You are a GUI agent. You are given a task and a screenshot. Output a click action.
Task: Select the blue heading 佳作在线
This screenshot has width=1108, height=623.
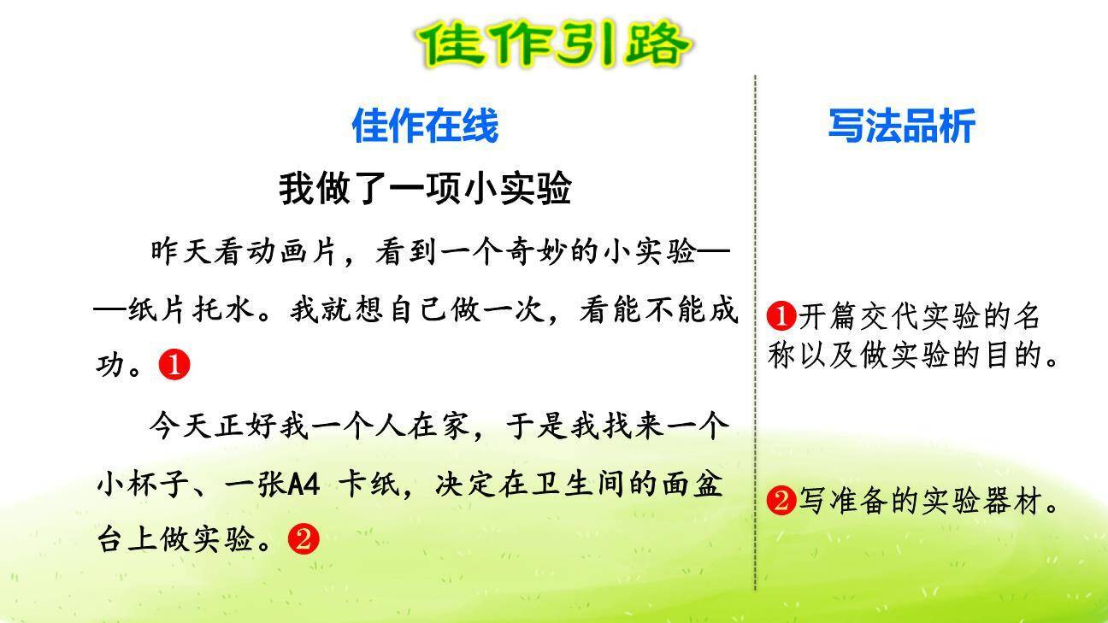click(x=425, y=126)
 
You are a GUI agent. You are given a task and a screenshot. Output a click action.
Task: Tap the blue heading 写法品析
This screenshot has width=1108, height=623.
click(x=901, y=126)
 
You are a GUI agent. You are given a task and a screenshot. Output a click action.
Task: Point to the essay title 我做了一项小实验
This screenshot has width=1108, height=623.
click(x=425, y=188)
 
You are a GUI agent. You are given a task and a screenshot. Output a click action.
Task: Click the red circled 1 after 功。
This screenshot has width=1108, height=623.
click(x=174, y=366)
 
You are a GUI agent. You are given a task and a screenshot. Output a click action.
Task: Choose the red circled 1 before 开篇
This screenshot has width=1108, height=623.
click(x=781, y=317)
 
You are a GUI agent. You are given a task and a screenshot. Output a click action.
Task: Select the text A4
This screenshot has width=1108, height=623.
click(x=304, y=485)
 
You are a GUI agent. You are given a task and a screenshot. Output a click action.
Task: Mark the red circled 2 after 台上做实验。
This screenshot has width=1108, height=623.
click(x=304, y=539)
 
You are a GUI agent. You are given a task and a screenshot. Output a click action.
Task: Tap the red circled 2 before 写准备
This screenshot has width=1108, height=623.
click(x=781, y=501)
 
